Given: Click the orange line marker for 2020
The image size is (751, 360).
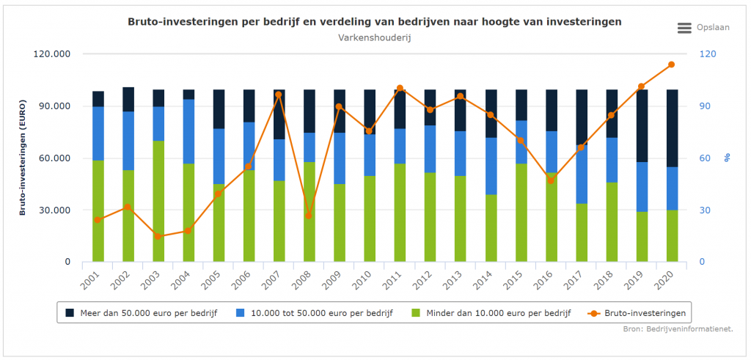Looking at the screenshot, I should [x=671, y=65].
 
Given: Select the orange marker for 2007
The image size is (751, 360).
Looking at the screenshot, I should [x=279, y=95].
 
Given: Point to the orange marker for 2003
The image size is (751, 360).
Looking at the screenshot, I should [x=158, y=236].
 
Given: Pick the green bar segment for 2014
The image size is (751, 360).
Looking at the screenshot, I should [x=490, y=227].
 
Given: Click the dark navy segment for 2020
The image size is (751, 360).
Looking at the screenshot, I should [x=671, y=128].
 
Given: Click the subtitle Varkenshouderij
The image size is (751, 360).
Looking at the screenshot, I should [x=375, y=37].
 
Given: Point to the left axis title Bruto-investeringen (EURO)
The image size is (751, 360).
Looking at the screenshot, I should [x=23, y=158].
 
